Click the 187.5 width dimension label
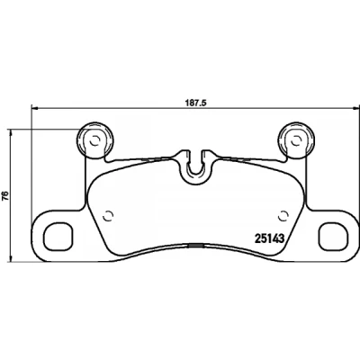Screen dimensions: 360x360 coord(195,103)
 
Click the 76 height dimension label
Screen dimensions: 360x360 coord(5,196)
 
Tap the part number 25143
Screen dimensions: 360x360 coord(269,238)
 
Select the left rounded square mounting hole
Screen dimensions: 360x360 coord(58,236)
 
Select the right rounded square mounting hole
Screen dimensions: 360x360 coord(333,236)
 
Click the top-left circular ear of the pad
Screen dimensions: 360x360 coord(95,139)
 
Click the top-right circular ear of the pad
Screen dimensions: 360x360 coord(296,139)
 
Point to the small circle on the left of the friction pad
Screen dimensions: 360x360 coord(108,215)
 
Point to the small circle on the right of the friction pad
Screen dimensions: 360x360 coord(283,215)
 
